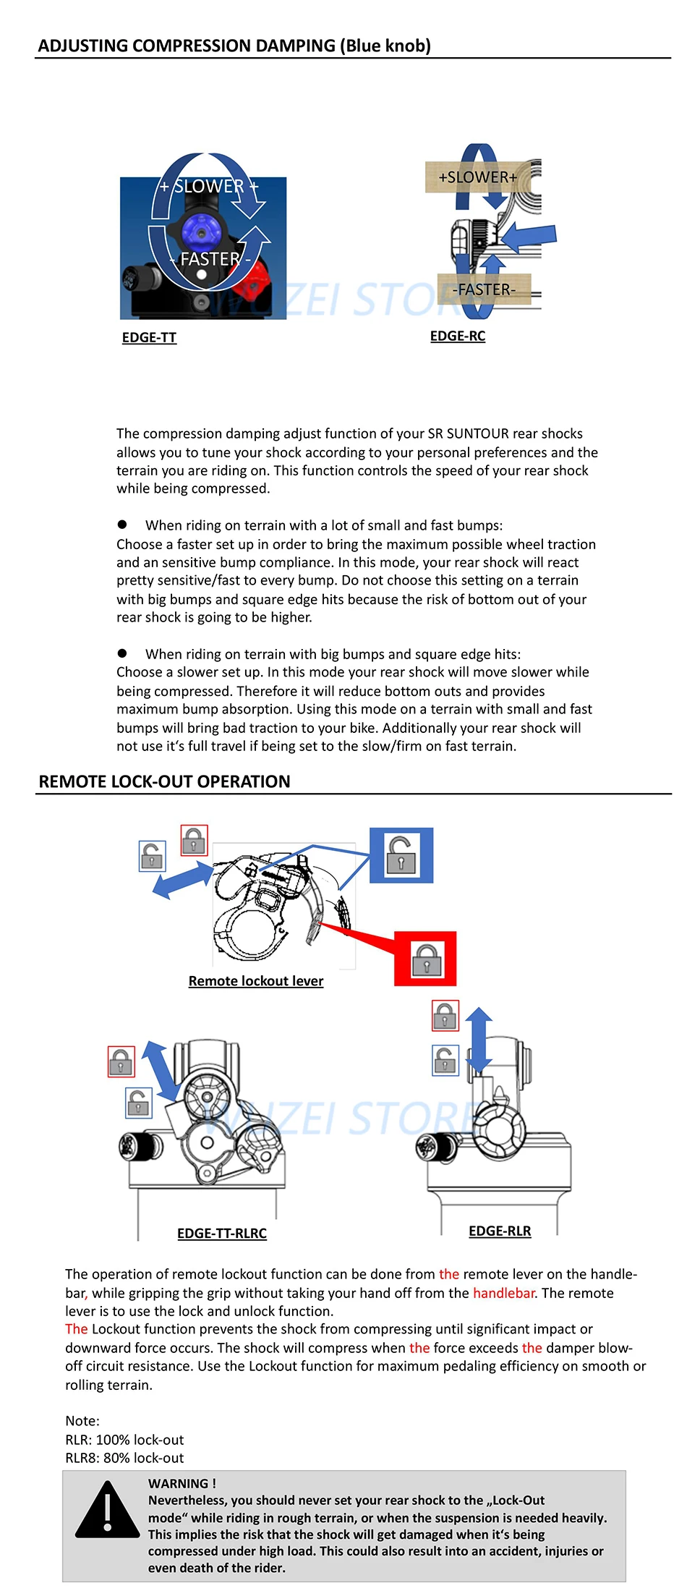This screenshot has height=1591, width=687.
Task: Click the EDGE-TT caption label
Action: pyautogui.click(x=149, y=337)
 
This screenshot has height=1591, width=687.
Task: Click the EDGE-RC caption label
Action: pyautogui.click(x=457, y=336)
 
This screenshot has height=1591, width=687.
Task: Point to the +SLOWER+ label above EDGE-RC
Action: pyautogui.click(x=477, y=177)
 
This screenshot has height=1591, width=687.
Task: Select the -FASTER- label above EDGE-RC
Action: pyautogui.click(x=484, y=289)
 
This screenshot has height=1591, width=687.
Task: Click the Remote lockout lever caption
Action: pyautogui.click(x=255, y=981)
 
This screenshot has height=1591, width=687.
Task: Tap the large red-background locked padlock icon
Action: pyautogui.click(x=425, y=959)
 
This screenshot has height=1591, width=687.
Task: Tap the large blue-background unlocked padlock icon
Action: pyautogui.click(x=401, y=855)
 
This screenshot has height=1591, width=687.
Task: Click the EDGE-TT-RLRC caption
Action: pyautogui.click(x=222, y=1233)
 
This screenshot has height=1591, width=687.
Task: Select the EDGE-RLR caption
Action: pyautogui.click(x=500, y=1231)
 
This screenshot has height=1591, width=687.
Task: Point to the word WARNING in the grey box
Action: pyautogui.click(x=178, y=1483)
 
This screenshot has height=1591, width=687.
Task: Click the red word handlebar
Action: pyautogui.click(x=503, y=1293)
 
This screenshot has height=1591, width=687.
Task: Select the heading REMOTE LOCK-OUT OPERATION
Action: pyautogui.click(x=164, y=781)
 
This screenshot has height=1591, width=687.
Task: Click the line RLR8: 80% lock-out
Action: pyautogui.click(x=124, y=1458)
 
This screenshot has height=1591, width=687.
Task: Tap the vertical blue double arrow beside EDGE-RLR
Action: pyautogui.click(x=479, y=1039)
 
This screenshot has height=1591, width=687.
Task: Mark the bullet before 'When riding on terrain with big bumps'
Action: pyautogui.click(x=122, y=653)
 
